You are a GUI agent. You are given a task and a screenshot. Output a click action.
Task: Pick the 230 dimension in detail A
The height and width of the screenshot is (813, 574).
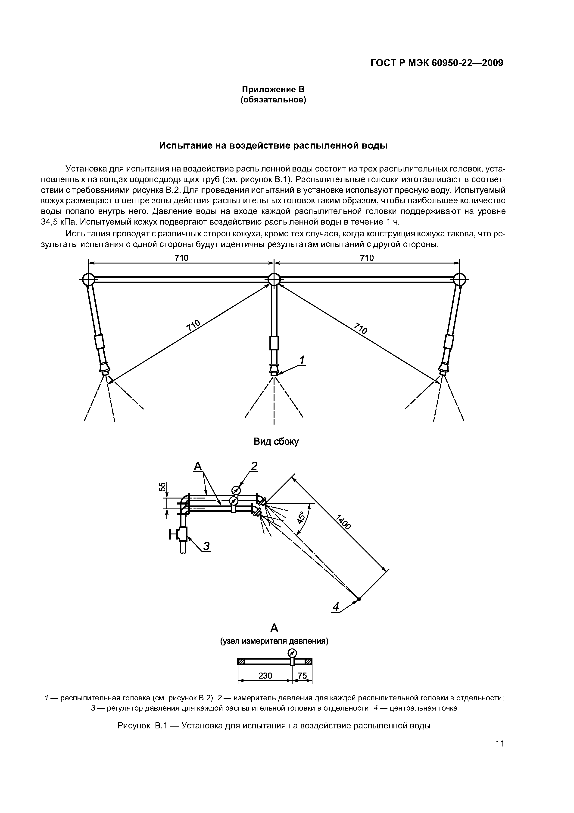[265, 676]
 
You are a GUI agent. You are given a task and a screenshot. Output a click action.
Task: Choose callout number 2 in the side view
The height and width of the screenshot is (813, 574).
[254, 466]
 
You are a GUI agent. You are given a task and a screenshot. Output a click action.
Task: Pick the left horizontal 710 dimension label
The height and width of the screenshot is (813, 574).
[181, 258]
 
